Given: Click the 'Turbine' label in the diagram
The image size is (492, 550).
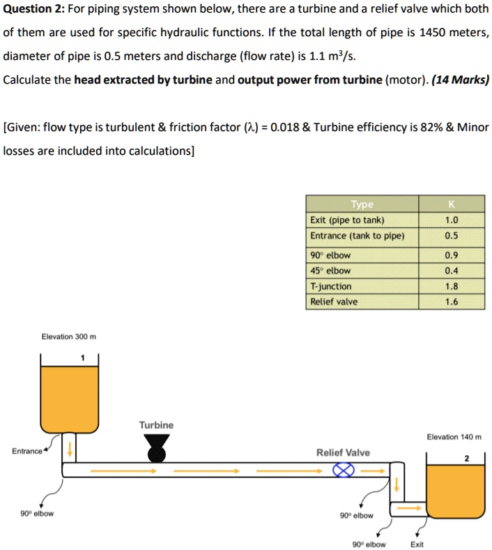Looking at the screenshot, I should (156, 425).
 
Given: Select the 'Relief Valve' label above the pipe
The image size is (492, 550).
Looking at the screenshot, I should (343, 452).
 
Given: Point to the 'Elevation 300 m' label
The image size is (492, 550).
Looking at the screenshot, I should (69, 337).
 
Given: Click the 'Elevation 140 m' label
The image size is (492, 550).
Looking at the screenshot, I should (453, 437).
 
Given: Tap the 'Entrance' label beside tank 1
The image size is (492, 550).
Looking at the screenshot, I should (27, 451).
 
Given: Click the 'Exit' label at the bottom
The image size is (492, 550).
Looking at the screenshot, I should (417, 544).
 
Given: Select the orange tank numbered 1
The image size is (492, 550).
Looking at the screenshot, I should (69, 397).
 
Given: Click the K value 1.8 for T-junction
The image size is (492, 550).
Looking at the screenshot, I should (451, 287).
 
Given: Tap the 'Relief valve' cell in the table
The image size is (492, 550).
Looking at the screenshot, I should (334, 302).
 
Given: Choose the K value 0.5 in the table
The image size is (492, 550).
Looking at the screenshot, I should (451, 236).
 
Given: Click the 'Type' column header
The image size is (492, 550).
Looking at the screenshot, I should (362, 204).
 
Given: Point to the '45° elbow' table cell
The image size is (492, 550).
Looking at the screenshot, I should (330, 270).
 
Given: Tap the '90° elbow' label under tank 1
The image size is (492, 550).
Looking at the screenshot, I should (37, 514).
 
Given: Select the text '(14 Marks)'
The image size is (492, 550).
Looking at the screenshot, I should (461, 79).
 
